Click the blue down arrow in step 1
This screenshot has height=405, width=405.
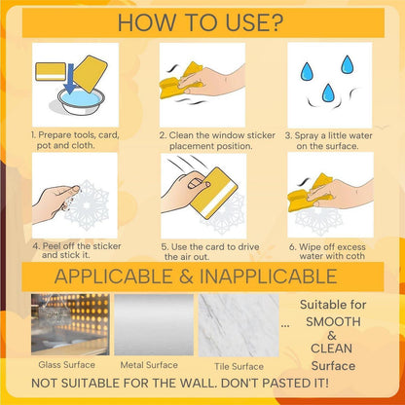click(70, 78)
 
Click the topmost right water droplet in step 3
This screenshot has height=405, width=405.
click(347, 64)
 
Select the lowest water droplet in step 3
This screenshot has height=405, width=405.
click(328, 92)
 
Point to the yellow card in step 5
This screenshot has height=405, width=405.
click(214, 193)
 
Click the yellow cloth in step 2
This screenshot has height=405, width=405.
click(181, 81)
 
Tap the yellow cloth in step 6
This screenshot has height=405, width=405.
click(310, 194)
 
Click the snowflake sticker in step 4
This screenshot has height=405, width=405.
click(87, 205)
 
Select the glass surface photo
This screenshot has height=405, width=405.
click(70, 324)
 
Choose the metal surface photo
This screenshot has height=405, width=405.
click(154, 325)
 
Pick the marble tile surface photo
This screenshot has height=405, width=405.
click(239, 325)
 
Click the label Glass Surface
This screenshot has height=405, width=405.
click(67, 365)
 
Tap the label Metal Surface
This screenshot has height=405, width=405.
click(149, 365)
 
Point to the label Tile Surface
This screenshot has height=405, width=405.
click(239, 367)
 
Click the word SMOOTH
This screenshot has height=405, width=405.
click(333, 321)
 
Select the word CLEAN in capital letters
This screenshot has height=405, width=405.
click(331, 349)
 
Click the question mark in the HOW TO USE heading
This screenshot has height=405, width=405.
click(276, 22)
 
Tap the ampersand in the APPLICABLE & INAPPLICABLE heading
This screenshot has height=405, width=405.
click(186, 276)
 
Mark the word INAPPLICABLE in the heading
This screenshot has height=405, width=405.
click(269, 276)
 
